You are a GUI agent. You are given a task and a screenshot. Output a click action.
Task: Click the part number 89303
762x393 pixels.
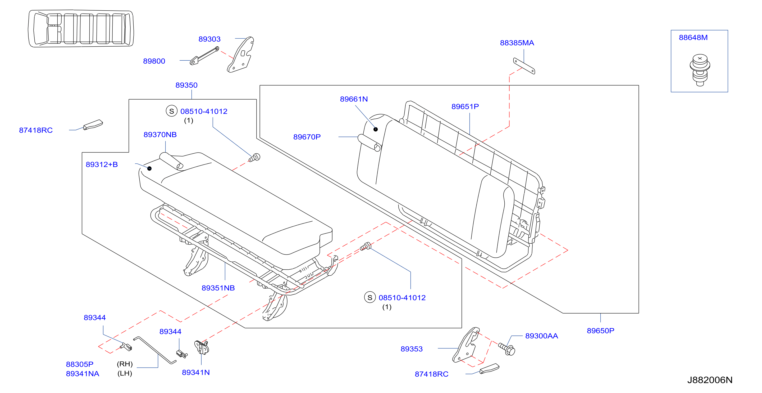point(209,39)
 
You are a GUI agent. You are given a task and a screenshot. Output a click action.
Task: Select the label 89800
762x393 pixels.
point(154,61)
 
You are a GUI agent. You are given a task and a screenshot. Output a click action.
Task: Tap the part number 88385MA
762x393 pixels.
point(517,43)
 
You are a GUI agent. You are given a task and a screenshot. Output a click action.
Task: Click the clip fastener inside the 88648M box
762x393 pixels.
point(700,70)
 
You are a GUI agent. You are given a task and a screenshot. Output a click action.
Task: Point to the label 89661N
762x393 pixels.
point(354,99)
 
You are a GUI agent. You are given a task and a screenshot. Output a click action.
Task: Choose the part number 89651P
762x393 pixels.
point(465,107)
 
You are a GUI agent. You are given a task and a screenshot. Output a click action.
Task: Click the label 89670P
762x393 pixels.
point(307,137)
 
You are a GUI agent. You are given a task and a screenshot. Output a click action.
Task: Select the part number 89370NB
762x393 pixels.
point(160,135)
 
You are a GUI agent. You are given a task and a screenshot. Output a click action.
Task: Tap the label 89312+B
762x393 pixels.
point(102,165)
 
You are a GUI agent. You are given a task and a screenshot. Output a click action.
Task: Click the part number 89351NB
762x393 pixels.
point(218,288)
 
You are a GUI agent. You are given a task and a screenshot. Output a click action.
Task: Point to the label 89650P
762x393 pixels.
point(600,331)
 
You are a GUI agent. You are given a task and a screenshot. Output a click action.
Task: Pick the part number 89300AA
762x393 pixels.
point(541,336)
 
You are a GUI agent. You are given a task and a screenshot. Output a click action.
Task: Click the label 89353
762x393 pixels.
point(412,349)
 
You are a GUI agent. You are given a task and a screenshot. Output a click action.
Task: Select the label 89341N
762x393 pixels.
point(195,373)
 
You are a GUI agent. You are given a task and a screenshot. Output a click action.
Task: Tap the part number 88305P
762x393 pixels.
point(80,364)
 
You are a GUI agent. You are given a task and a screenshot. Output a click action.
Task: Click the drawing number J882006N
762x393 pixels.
point(710,380)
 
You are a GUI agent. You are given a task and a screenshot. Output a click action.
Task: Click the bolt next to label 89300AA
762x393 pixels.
point(507,349)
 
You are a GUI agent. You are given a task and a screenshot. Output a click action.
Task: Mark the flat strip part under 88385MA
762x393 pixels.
point(524,66)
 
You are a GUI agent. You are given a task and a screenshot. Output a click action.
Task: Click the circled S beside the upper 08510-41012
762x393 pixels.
point(172,111)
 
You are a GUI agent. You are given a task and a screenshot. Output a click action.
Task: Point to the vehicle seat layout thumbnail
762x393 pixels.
point(81,28)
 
